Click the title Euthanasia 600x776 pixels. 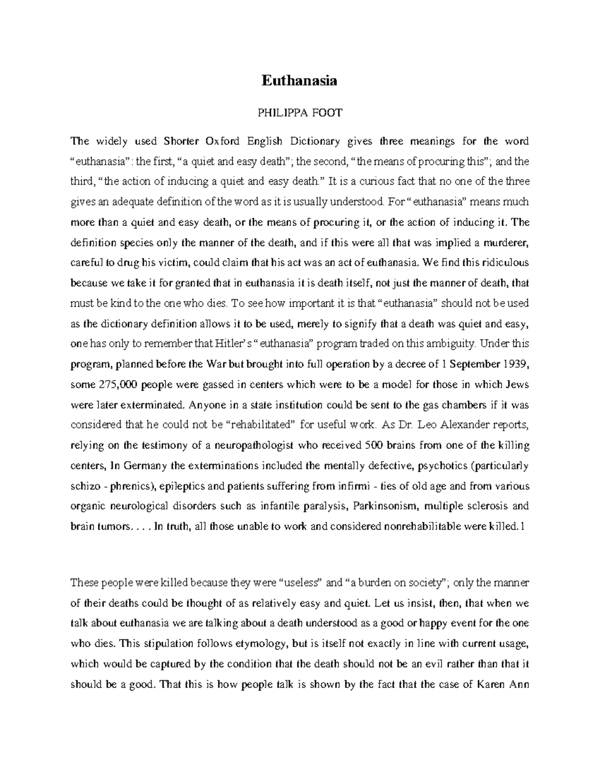coord(299,80)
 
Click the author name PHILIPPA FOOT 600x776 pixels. coord(299,113)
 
